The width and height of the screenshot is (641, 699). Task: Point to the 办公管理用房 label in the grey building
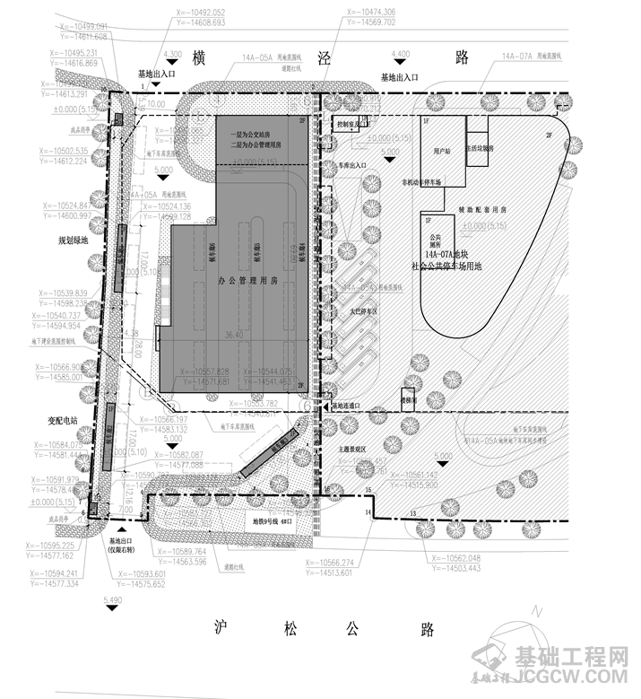tap(244, 282)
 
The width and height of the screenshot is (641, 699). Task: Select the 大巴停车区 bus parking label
tap(363, 311)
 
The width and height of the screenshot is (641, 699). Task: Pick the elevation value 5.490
tap(112, 599)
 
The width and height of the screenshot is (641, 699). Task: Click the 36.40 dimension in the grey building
tap(234, 335)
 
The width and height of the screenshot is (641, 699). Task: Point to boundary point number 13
tap(413, 512)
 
